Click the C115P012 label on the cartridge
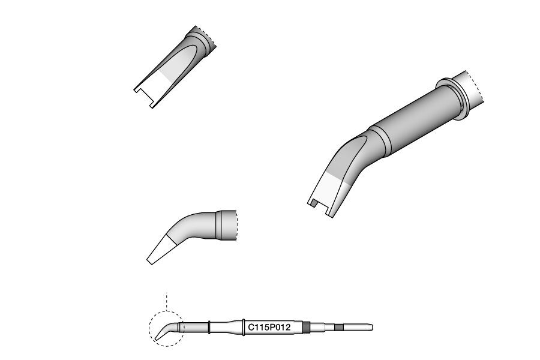point(269,327)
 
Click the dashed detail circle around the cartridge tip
point(149,328)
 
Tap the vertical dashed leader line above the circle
point(167,302)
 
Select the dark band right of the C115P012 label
point(306,327)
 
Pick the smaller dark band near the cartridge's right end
point(339,327)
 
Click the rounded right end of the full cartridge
point(371,327)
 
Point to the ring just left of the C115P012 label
point(244,327)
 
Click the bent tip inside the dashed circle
point(166,331)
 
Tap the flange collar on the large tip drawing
point(453,98)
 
